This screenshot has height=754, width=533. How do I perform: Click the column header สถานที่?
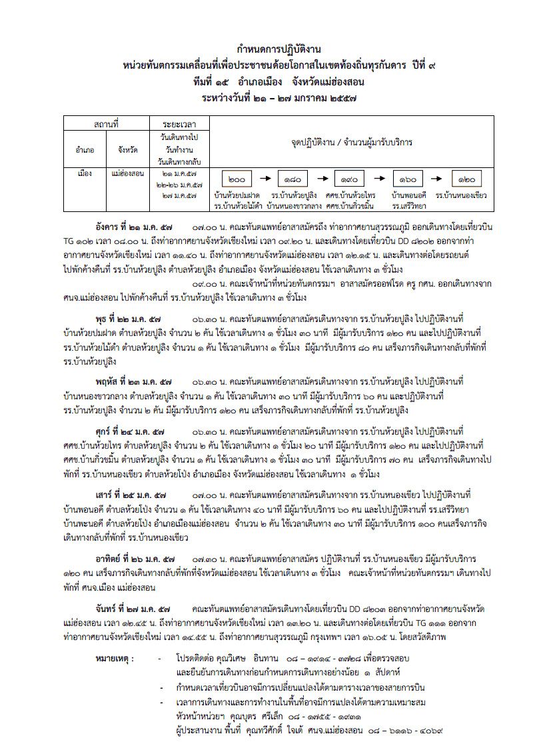pos(107,124)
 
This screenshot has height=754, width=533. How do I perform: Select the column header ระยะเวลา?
pos(178,124)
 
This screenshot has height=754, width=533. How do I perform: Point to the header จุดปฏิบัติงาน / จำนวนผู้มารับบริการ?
pos(351,143)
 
